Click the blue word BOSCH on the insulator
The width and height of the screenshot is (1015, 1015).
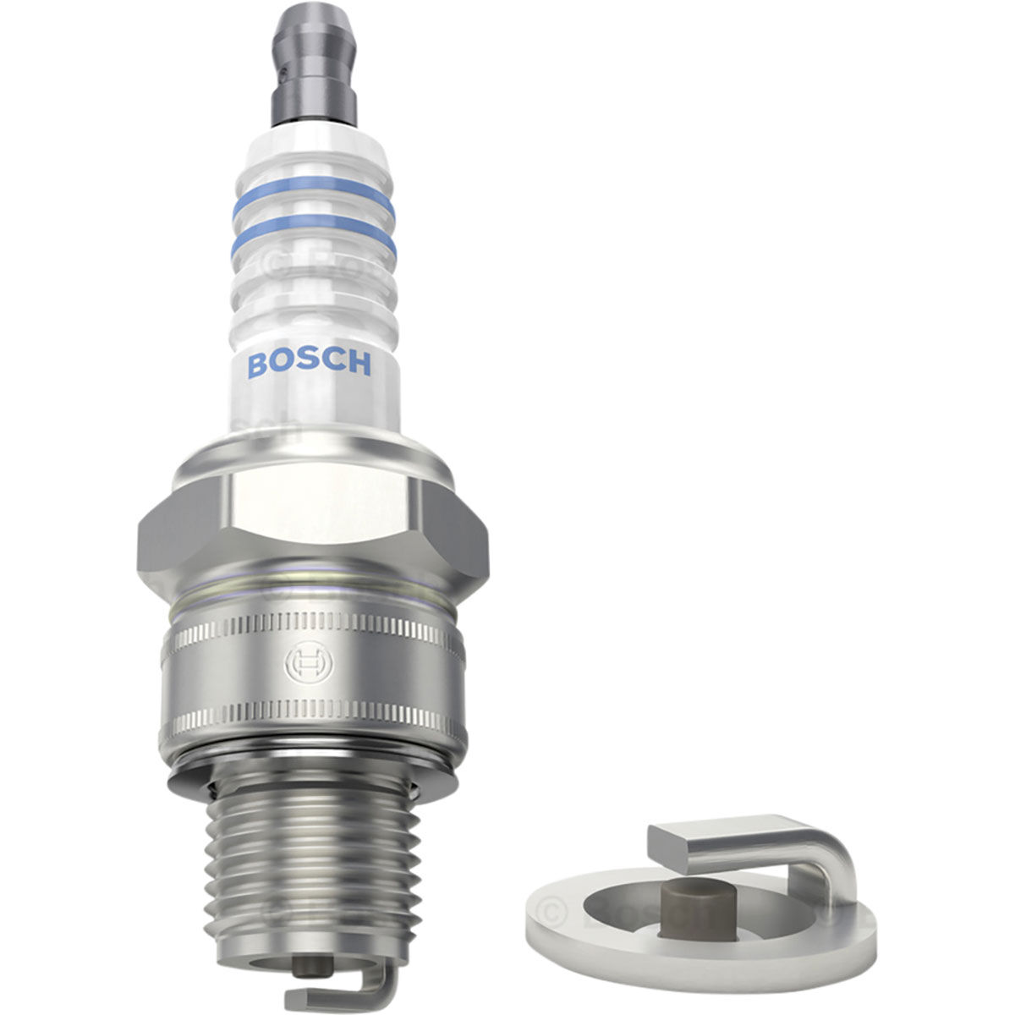coord(309,365)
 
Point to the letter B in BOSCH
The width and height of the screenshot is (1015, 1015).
coord(256,365)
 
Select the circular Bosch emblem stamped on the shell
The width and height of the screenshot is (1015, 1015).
coord(303,665)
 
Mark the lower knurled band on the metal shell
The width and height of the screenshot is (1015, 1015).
coord(313,719)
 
